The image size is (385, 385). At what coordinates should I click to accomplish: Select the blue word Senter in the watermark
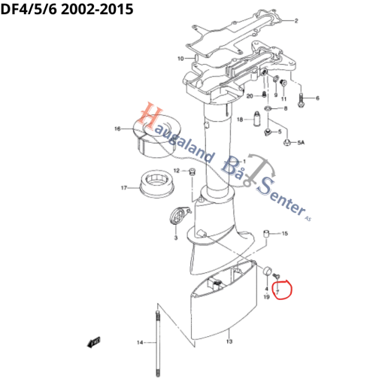pyautogui.click(x=283, y=198)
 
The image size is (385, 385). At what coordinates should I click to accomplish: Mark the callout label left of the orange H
pyautogui.click(x=117, y=129)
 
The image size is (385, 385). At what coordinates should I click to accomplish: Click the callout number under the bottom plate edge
pyautogui.click(x=228, y=343)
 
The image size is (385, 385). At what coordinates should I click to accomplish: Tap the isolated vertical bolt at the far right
pyautogui.click(x=299, y=95)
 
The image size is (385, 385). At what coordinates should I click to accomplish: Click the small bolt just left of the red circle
pyautogui.click(x=268, y=273)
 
